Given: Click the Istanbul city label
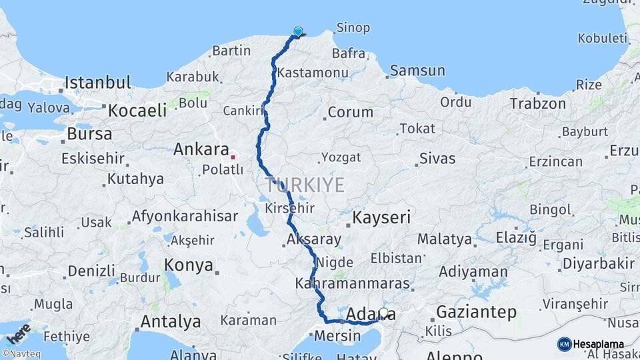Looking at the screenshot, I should (98, 83).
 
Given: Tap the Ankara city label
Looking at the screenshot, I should (201, 149).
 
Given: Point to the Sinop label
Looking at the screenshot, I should (353, 27).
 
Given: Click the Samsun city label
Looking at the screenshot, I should (417, 70).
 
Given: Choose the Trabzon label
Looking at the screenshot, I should (537, 103).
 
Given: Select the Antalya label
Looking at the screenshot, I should (170, 321).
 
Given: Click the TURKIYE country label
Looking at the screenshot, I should (305, 185).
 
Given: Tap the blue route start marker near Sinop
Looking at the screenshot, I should (298, 31).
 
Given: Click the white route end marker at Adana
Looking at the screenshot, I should (383, 311).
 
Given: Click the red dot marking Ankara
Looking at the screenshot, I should (233, 157).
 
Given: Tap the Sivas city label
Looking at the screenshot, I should (437, 159).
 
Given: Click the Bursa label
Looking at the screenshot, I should (89, 134).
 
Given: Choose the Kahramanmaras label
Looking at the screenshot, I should (351, 284).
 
